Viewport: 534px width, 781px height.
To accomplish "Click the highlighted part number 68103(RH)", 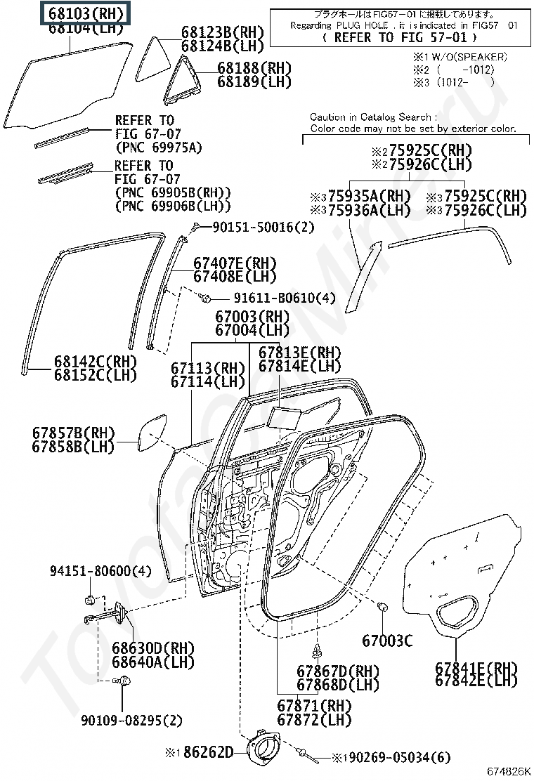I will click(86, 13).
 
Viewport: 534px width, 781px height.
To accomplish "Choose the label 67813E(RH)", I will click(299, 353).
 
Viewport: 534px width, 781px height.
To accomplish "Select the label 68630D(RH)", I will click(156, 646).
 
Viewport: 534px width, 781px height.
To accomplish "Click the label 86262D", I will click(207, 752).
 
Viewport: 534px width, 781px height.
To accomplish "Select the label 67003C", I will click(387, 641).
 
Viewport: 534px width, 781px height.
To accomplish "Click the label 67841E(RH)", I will click(476, 667).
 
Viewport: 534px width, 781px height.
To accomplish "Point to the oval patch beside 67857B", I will click(153, 431).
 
